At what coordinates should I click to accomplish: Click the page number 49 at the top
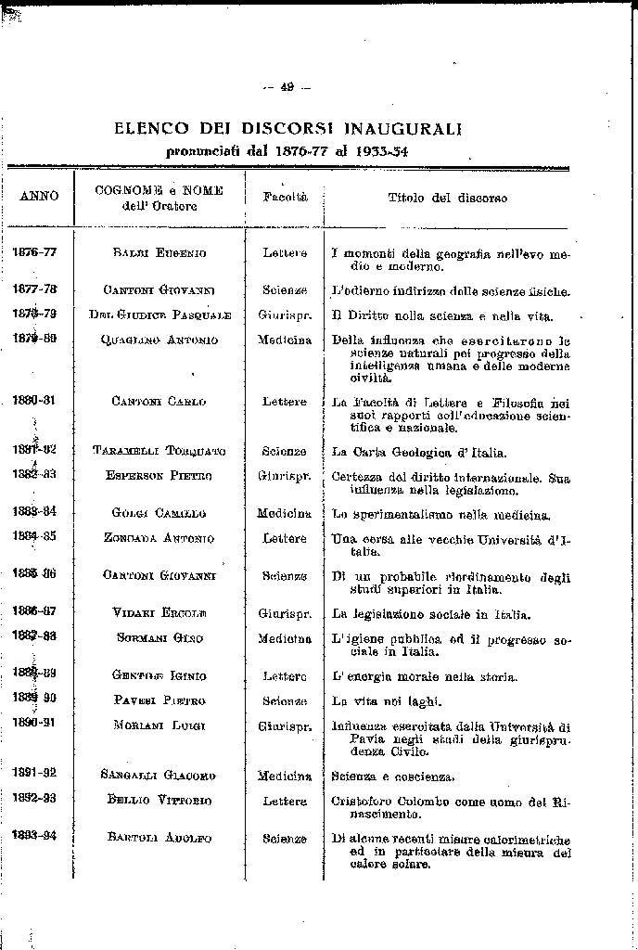(287, 87)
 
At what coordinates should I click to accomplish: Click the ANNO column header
(39, 197)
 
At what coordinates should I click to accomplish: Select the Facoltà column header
(285, 198)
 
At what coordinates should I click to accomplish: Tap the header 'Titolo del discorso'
(447, 198)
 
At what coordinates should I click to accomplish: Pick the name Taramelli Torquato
(159, 451)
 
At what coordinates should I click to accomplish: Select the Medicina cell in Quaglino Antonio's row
(285, 340)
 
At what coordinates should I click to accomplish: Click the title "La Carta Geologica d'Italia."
(419, 452)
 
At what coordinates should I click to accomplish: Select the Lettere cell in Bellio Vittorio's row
(285, 801)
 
